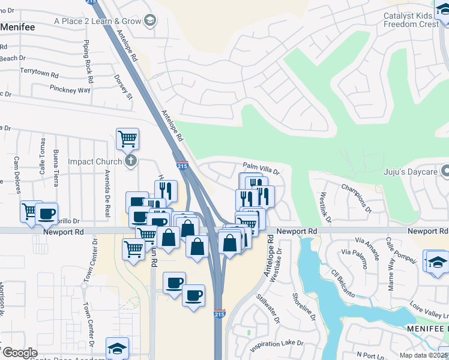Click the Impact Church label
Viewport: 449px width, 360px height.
95,161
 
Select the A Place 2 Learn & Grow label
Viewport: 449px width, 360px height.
97,21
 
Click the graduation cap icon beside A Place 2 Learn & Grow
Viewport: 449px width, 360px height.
149,22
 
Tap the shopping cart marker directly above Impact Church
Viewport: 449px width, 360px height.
127,139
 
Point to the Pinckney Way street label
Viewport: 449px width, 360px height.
70,90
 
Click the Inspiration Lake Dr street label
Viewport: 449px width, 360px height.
277,343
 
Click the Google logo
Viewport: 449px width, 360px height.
19,353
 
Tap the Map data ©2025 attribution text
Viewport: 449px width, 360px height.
423,355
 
